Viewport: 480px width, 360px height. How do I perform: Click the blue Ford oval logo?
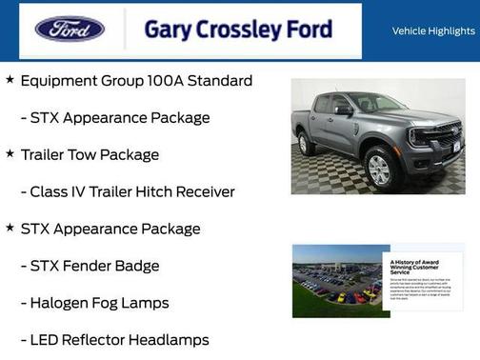pyautogui.click(x=70, y=29)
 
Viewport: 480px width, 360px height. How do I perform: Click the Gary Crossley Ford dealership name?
pyautogui.click(x=238, y=30)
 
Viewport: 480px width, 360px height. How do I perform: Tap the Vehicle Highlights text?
pyautogui.click(x=433, y=31)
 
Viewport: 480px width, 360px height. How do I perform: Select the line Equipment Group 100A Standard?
pyautogui.click(x=136, y=81)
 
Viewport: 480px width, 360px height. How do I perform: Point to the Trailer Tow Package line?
pyautogui.click(x=90, y=154)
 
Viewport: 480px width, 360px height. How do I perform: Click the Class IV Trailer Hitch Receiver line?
pyautogui.click(x=132, y=191)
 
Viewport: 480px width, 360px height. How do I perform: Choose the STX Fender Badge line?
pyautogui.click(x=94, y=266)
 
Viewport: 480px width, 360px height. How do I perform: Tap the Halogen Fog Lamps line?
pyautogui.click(x=99, y=303)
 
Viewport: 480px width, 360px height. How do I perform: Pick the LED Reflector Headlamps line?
pyautogui.click(x=119, y=340)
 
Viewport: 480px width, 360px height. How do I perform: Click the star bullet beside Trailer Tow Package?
pyautogui.click(x=10, y=153)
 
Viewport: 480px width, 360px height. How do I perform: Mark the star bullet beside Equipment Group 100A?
pyautogui.click(x=10, y=80)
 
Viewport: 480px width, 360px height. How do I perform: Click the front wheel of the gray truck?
pyautogui.click(x=379, y=169)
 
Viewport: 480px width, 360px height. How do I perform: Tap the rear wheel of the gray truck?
pyautogui.click(x=307, y=144)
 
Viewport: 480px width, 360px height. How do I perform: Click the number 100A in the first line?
pyautogui.click(x=168, y=81)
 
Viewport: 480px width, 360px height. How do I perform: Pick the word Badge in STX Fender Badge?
pyautogui.click(x=135, y=266)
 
